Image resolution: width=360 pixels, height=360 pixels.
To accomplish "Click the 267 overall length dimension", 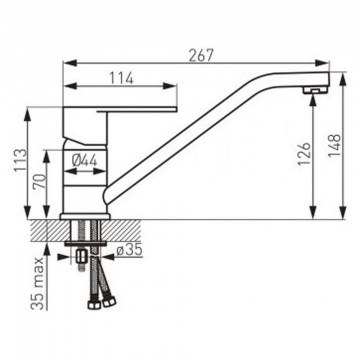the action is [201, 55].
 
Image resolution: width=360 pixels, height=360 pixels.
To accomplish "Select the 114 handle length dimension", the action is [122, 78].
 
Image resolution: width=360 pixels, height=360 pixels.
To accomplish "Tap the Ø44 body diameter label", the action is [84, 161].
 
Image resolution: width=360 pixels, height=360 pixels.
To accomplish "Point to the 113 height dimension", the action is [20, 160].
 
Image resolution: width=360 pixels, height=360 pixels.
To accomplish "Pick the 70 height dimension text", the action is [39, 181].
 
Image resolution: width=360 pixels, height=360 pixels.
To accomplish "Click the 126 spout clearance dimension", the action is [304, 154].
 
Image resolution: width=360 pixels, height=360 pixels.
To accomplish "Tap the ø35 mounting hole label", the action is [129, 250].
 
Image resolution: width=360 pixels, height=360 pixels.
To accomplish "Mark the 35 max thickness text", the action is [39, 283].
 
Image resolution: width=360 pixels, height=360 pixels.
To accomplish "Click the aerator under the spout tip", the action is [315, 89].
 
